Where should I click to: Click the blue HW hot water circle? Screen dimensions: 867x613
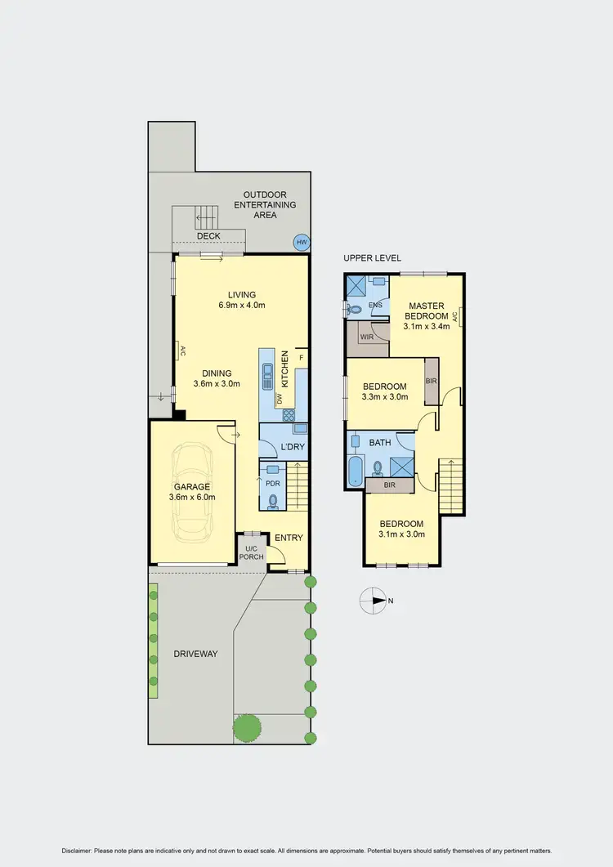click(x=302, y=242)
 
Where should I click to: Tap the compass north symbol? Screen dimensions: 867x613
click(x=372, y=601)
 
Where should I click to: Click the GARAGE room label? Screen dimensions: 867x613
click(x=190, y=487)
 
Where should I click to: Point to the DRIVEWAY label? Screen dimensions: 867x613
click(x=195, y=654)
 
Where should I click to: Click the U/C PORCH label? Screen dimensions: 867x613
click(x=252, y=552)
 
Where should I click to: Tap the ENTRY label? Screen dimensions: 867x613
click(x=289, y=538)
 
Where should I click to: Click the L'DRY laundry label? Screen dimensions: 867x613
click(x=292, y=447)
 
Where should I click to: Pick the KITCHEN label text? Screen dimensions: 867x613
click(x=285, y=369)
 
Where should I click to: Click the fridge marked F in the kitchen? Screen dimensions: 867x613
click(x=301, y=357)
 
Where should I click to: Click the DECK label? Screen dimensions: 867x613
click(x=209, y=236)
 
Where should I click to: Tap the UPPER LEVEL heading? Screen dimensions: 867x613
click(x=372, y=257)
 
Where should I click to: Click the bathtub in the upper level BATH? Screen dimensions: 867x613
click(x=356, y=471)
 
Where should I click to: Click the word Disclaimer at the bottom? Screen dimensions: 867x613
click(x=80, y=851)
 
